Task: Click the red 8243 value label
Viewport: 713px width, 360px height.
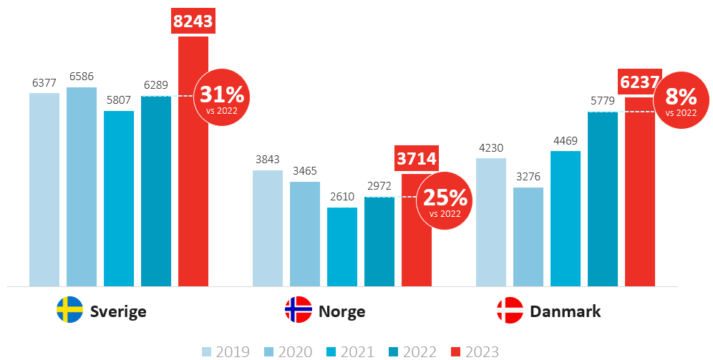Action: tap(193, 21)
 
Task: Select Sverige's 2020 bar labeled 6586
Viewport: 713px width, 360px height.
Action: tap(82, 186)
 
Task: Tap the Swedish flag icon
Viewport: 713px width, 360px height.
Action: tap(70, 310)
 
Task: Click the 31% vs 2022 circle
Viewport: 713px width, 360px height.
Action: tap(221, 97)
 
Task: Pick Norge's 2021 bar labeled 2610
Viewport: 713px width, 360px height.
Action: tap(342, 246)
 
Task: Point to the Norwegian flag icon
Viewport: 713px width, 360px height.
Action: tap(298, 310)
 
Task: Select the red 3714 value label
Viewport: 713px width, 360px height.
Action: tap(417, 158)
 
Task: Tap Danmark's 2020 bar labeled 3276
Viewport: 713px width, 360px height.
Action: tap(528, 236)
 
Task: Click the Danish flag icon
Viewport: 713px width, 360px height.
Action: tap(510, 310)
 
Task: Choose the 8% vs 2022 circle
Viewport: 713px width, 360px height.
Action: tap(681, 100)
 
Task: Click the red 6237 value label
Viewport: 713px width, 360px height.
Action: tap(639, 83)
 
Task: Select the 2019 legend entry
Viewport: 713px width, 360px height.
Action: tap(225, 351)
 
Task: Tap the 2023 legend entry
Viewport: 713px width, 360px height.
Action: tap(475, 351)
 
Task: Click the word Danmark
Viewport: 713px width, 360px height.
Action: tap(565, 311)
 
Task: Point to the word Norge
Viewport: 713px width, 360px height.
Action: tap(341, 311)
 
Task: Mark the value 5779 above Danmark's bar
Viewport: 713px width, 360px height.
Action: tap(603, 101)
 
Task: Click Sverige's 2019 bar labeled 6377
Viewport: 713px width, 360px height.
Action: tap(44, 189)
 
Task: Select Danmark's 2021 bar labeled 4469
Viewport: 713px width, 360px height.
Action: tap(566, 218)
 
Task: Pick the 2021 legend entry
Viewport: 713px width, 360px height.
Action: tap(350, 351)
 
